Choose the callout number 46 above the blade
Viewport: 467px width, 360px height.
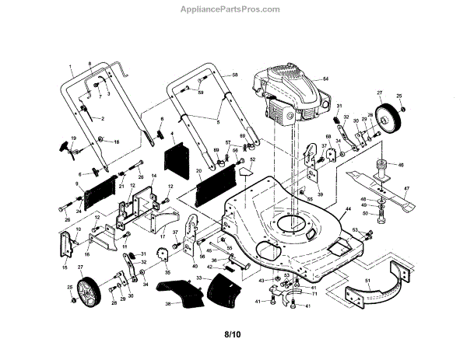coord(402,165)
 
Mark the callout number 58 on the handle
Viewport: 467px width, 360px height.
coord(234,74)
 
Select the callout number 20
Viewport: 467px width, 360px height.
coord(199,171)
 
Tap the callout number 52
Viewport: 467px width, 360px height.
coord(252,159)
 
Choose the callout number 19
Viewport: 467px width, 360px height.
coord(72,138)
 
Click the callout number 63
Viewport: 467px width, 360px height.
coord(355,230)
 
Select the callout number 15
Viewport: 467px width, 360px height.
coord(65,267)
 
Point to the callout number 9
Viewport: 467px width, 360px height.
coord(78,183)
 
